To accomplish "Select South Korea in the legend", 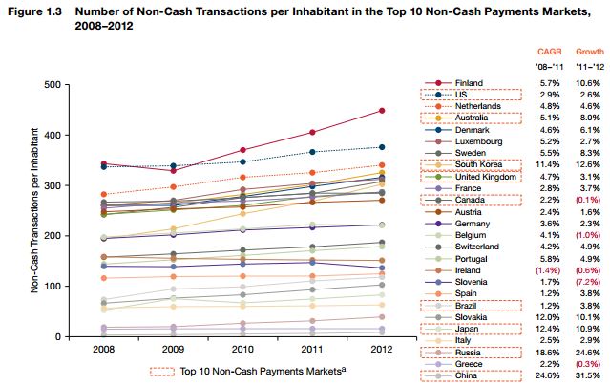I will pos(480,163).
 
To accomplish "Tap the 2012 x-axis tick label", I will pos(382,349).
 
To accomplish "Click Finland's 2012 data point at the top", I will pos(382,111).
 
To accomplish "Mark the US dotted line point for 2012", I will pos(382,147).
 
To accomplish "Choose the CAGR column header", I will pos(547,51).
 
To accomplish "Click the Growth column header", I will pos(590,51).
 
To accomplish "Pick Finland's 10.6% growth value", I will pos(590,83).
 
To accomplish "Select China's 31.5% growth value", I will pos(590,375).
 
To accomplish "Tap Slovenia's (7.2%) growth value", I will pos(590,281).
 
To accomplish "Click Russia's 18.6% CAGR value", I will pos(547,351).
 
